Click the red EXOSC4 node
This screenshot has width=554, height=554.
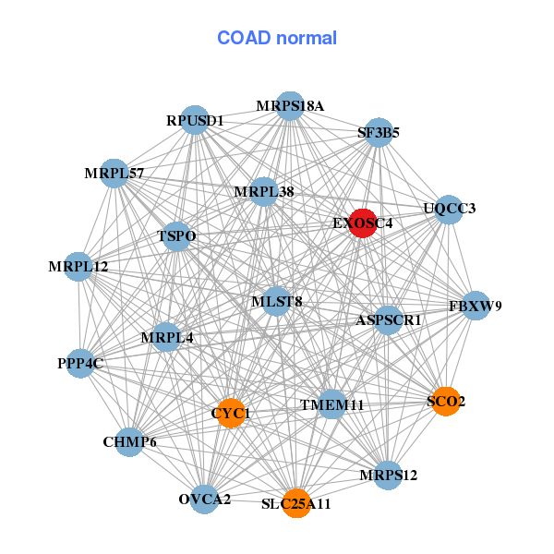click(x=363, y=223)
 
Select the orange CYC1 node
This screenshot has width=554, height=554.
click(x=231, y=413)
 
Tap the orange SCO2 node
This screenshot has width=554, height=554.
click(x=446, y=402)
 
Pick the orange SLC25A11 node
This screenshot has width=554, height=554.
click(x=296, y=503)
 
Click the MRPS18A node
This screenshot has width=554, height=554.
click(x=290, y=106)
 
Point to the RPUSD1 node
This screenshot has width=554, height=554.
click(x=195, y=120)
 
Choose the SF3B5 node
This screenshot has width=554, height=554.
click(x=379, y=132)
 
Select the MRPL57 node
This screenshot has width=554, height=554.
click(x=114, y=174)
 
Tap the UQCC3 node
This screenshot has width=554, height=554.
click(x=449, y=210)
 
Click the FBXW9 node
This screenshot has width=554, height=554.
click(x=476, y=306)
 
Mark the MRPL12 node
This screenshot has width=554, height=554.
click(x=78, y=267)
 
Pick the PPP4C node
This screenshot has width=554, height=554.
click(x=80, y=364)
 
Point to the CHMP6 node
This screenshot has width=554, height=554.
click(x=129, y=442)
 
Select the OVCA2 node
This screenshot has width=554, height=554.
click(x=204, y=500)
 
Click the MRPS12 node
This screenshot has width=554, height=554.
click(x=388, y=476)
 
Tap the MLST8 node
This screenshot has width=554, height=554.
click(x=277, y=301)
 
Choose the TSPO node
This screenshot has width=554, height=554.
click(x=176, y=236)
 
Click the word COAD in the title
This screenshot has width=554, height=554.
click(x=244, y=38)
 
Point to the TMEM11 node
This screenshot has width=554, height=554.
click(x=331, y=404)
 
